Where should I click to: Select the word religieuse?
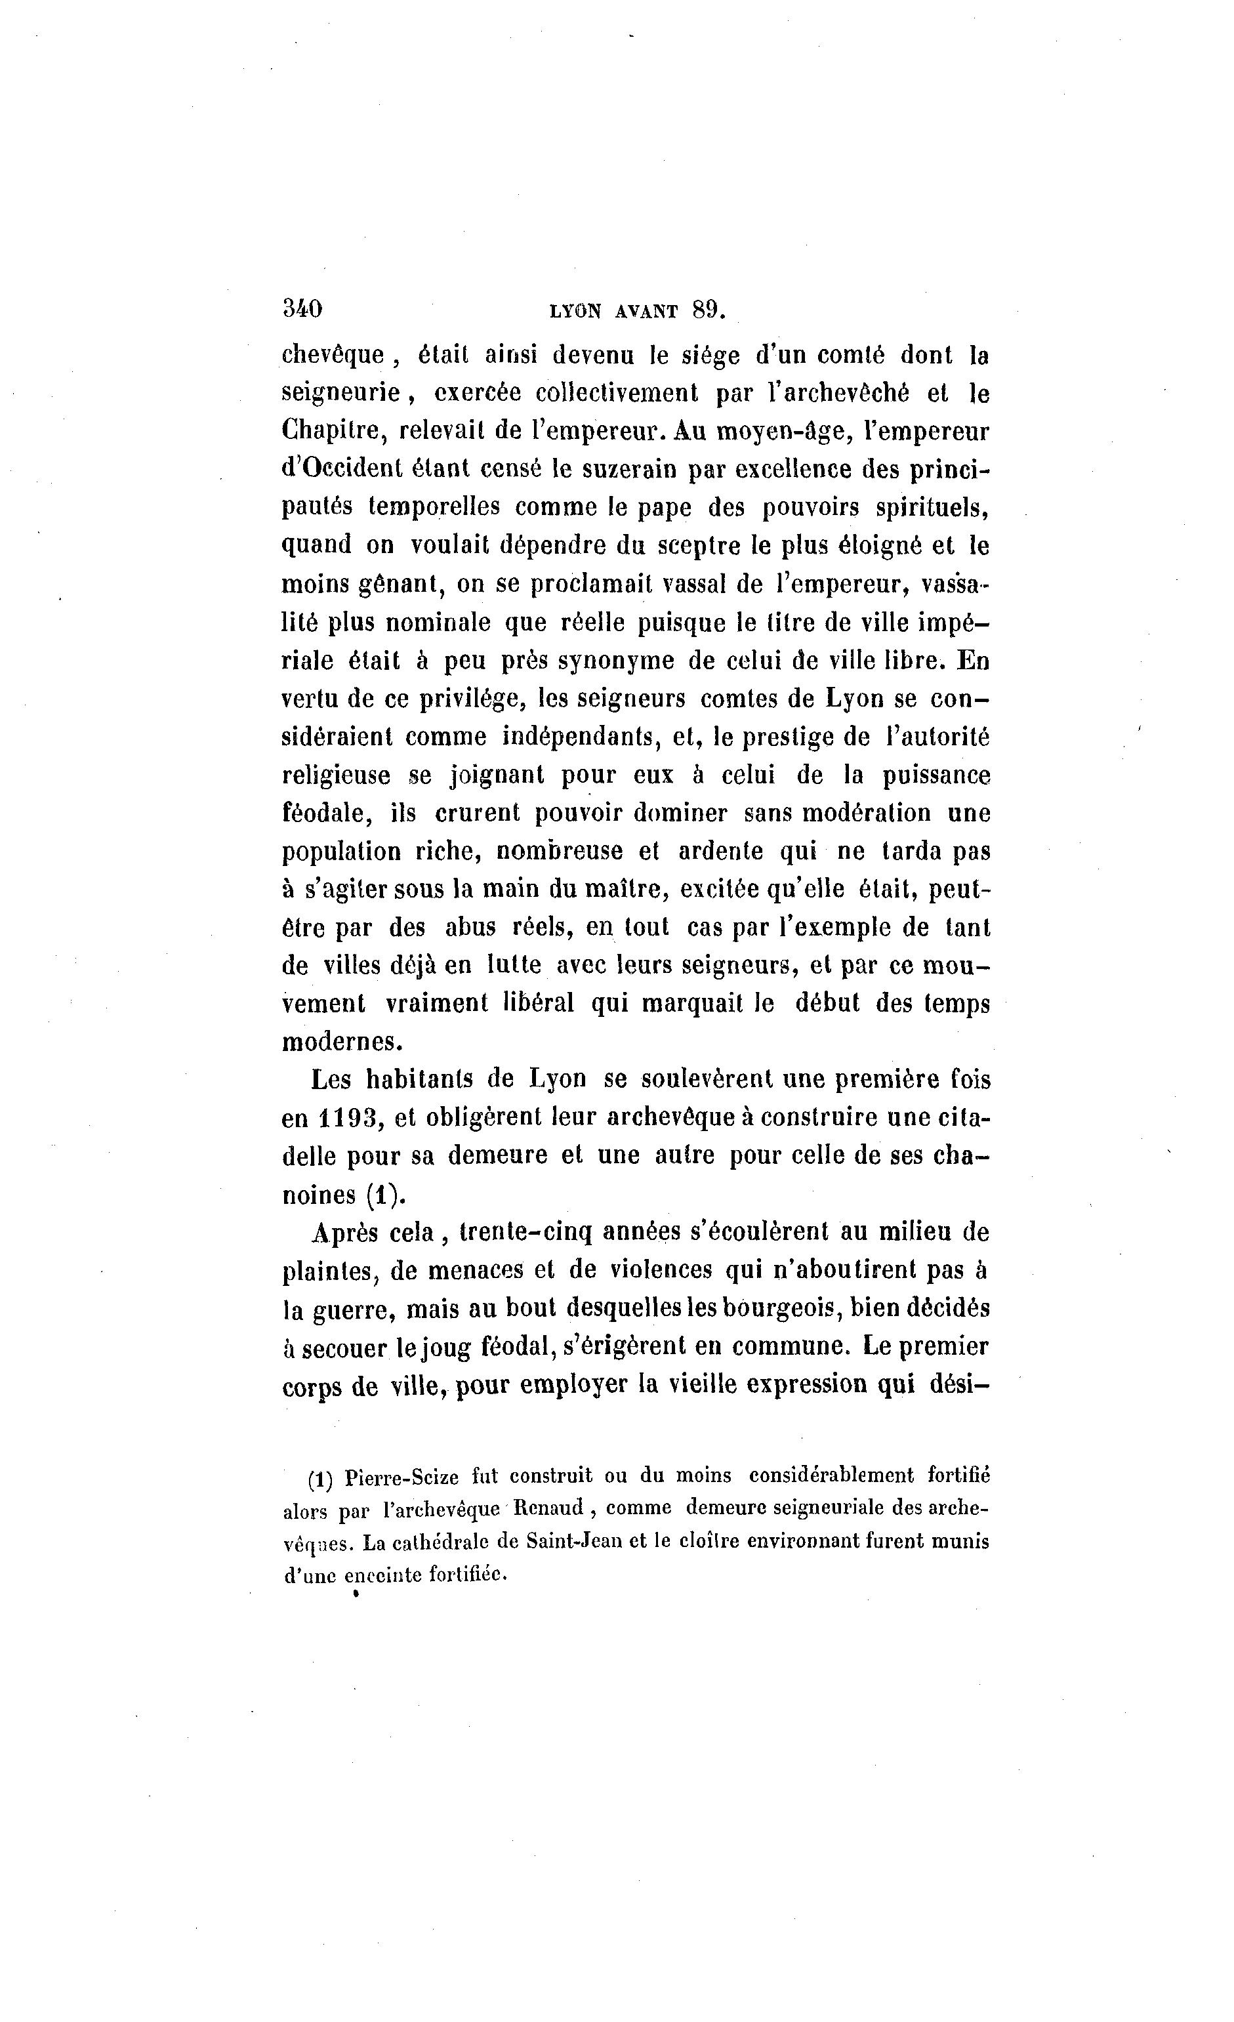[338, 775]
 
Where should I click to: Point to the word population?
[341, 852]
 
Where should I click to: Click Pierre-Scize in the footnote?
[402, 1477]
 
